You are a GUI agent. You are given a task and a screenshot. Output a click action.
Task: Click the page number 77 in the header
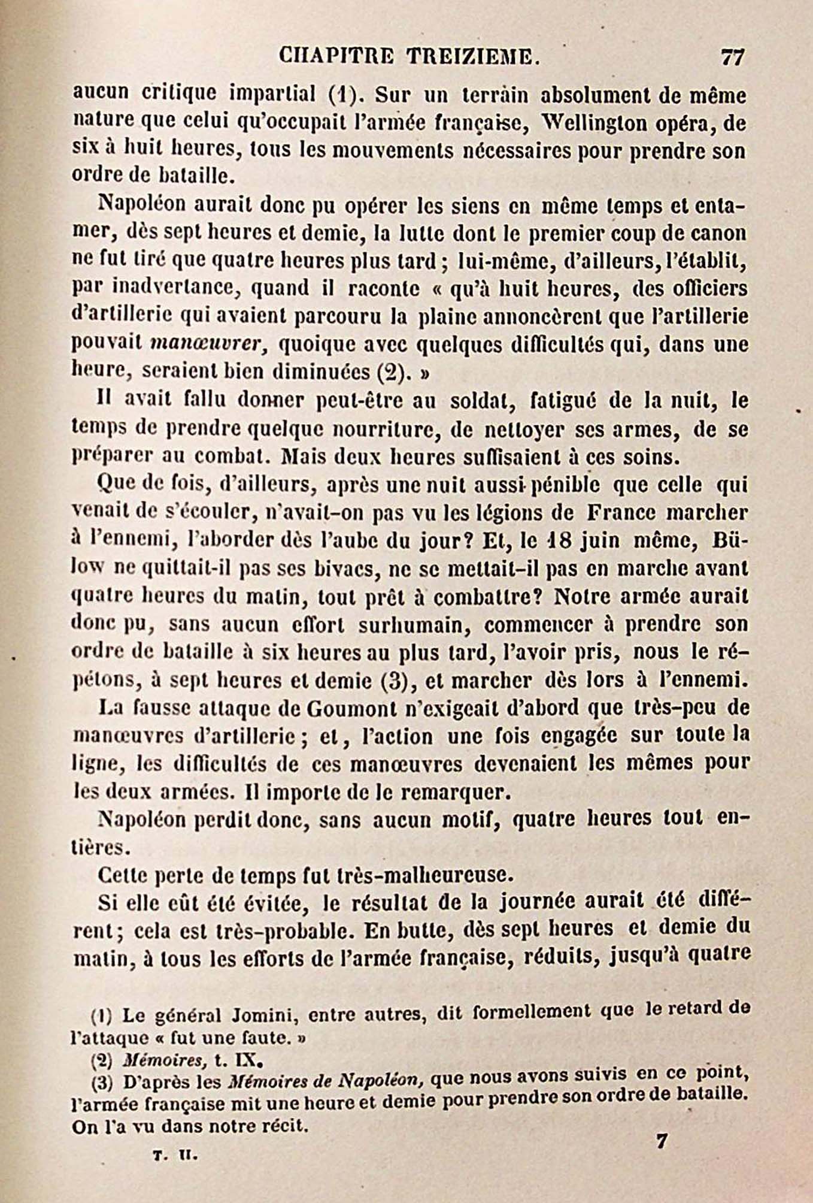[732, 58]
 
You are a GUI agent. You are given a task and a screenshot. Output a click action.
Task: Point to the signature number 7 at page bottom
[661, 1141]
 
